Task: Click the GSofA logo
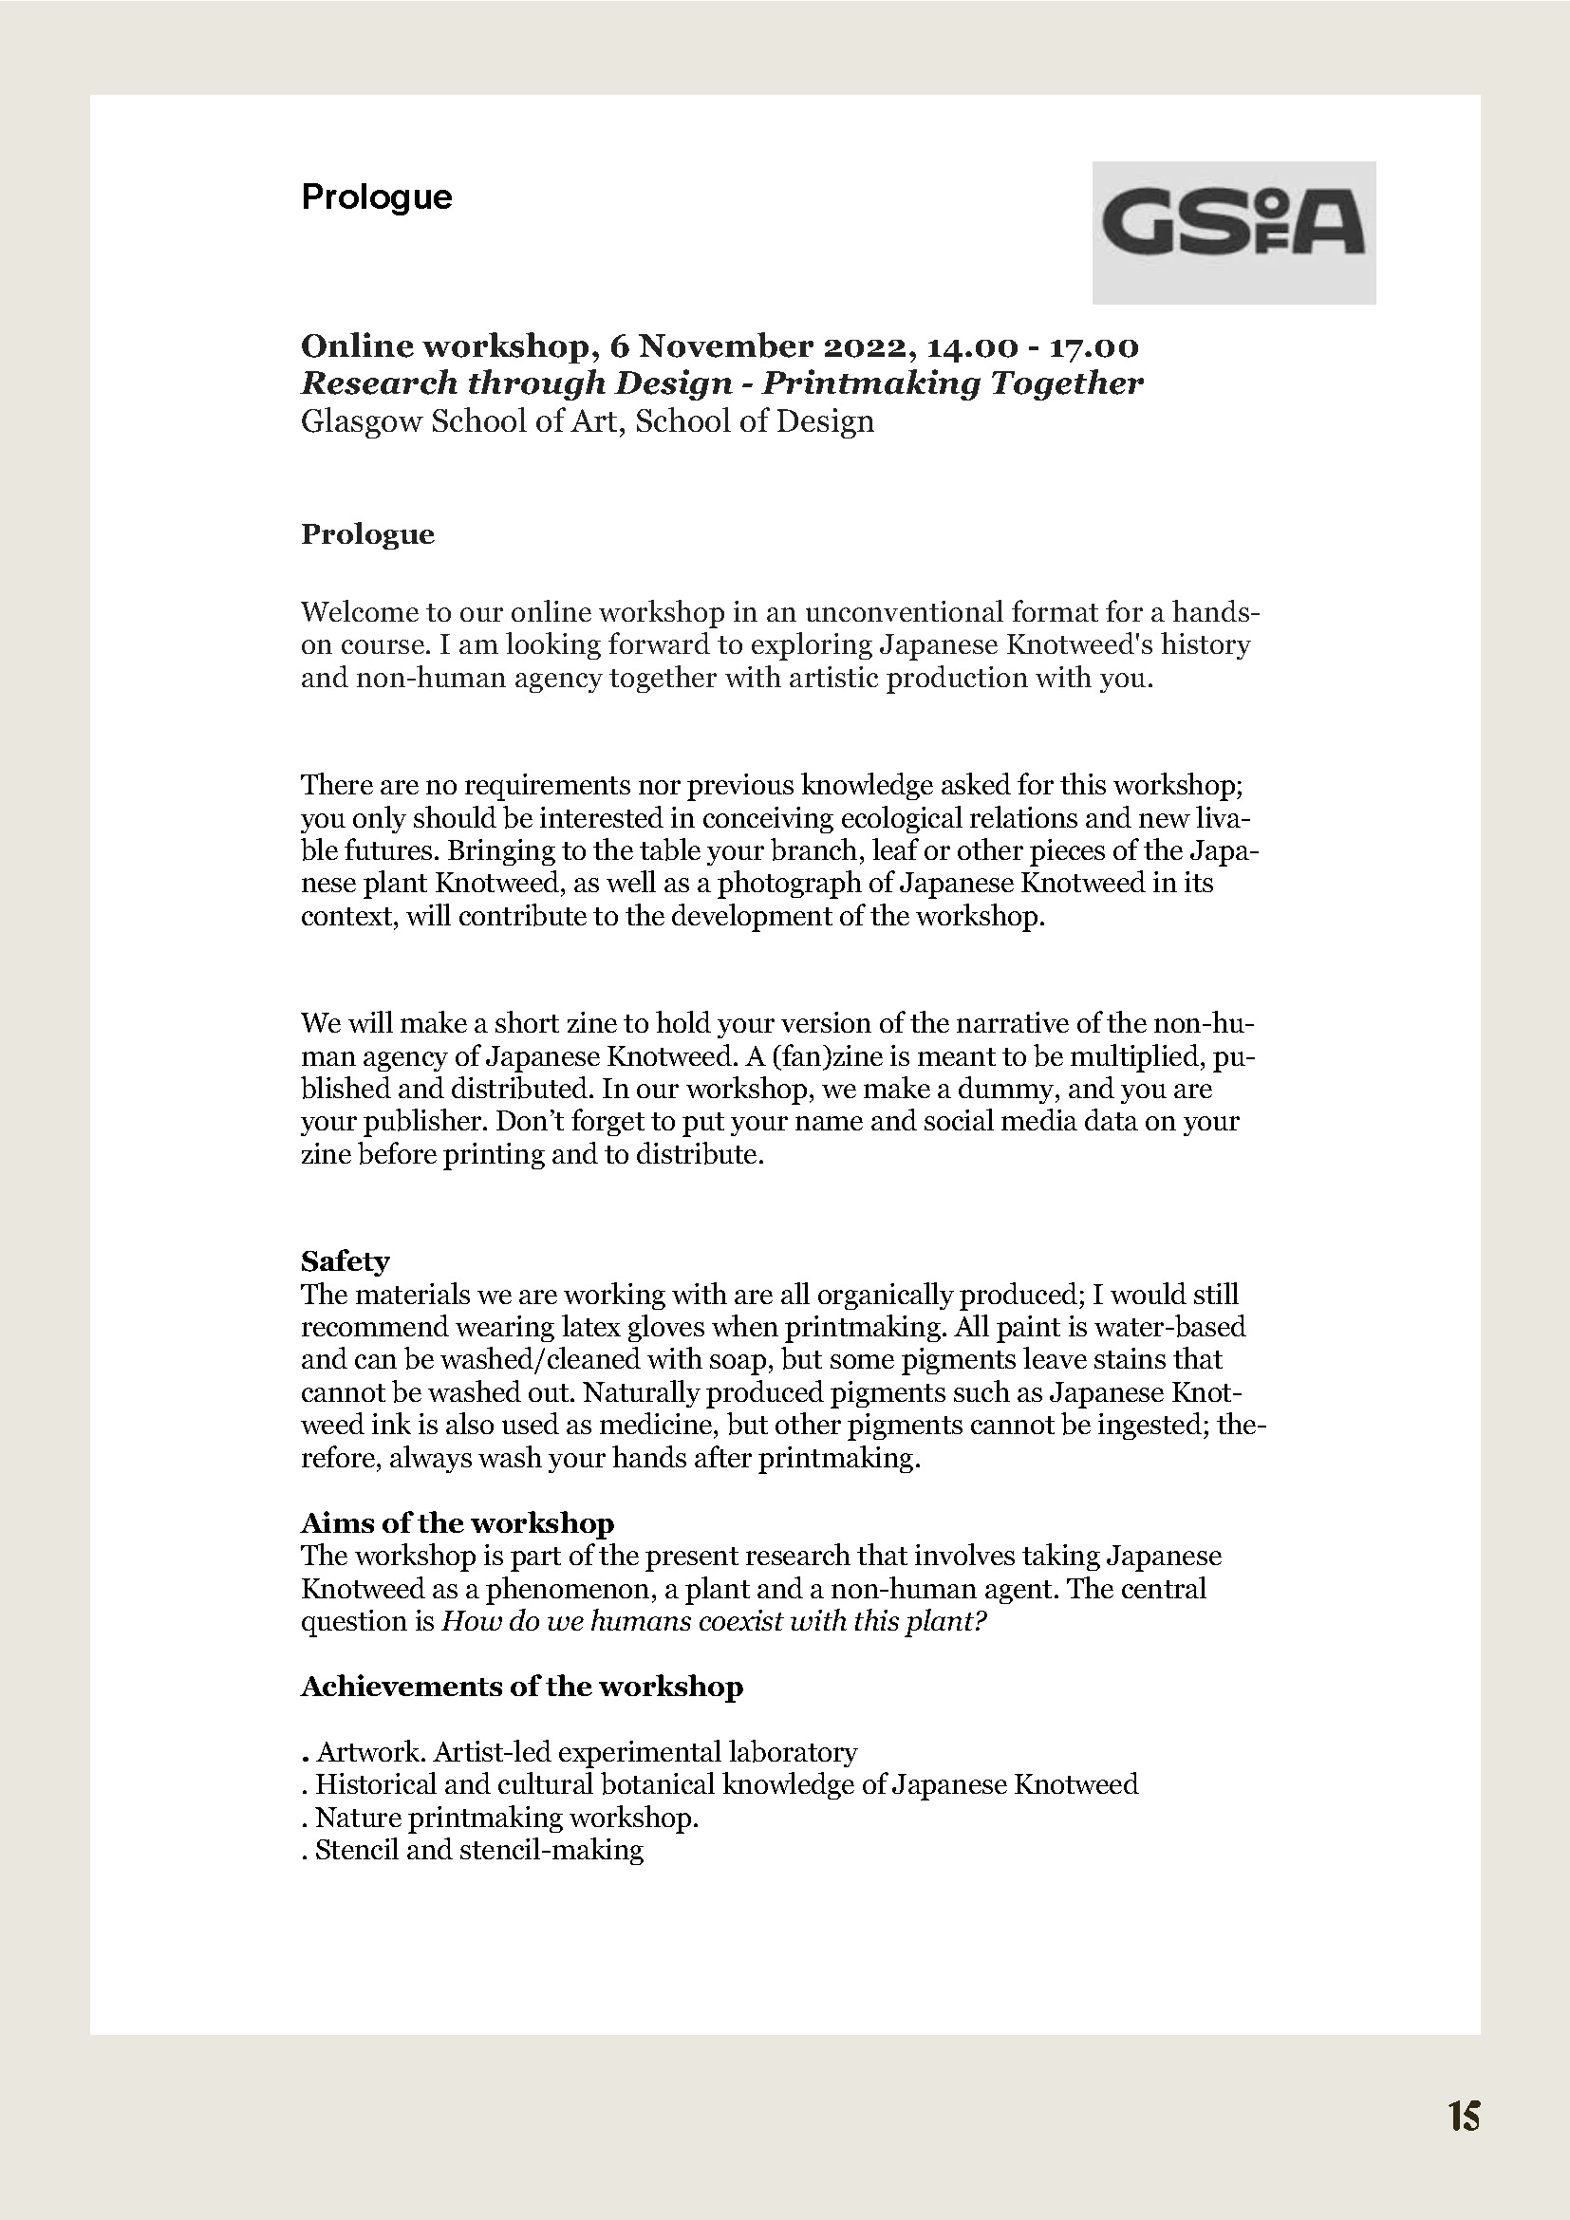pos(1233,232)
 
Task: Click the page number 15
pos(1464,2117)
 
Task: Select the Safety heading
pos(346,1261)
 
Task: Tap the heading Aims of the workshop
pos(458,1524)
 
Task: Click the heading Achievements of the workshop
pos(521,1688)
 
